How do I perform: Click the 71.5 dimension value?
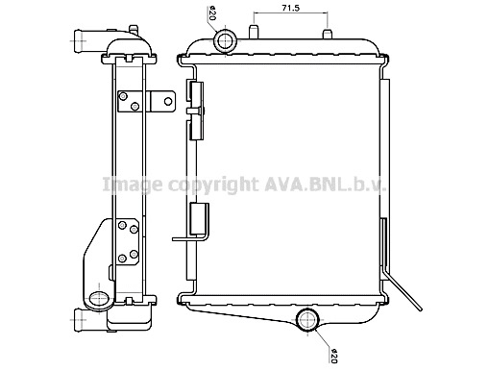pos(290,8)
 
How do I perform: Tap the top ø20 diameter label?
pos(212,12)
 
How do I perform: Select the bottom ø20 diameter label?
pos(334,356)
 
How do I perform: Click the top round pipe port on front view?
pos(226,40)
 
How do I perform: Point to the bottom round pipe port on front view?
pos(307,320)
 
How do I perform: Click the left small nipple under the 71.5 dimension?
pos(253,32)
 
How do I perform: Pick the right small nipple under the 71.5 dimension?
pos(328,34)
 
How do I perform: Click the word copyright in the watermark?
pos(213,185)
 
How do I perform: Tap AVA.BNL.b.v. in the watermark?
pos(325,185)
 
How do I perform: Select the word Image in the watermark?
pos(133,185)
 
